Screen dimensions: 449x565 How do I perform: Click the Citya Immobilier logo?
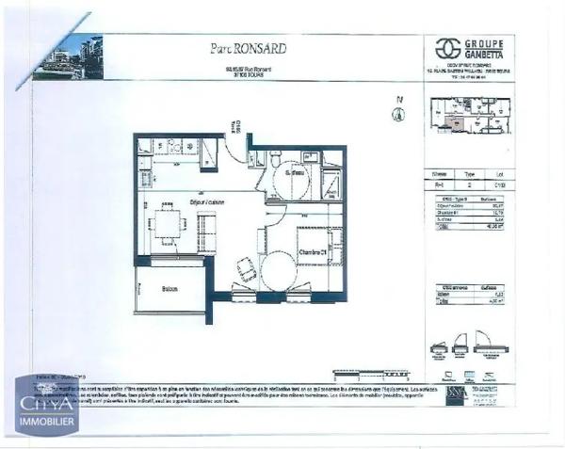46,405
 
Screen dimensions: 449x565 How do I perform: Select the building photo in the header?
67,57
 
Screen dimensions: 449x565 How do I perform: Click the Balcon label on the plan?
169,288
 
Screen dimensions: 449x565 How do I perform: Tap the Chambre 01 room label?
313,252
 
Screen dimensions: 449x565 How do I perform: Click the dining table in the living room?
166,224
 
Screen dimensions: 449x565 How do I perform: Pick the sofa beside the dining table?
206,232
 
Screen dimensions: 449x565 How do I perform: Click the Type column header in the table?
471,174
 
